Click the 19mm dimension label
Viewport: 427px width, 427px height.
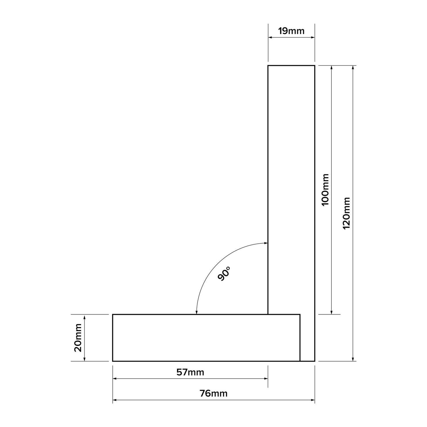[291, 31]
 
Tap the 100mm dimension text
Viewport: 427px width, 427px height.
[325, 190]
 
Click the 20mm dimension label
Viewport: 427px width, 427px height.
[78, 338]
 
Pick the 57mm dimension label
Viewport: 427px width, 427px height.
[190, 372]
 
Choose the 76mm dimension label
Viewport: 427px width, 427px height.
[213, 393]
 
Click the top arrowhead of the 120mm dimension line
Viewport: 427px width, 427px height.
[353, 67]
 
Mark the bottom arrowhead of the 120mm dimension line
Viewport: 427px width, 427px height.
[353, 359]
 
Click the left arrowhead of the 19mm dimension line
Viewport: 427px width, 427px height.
[270, 37]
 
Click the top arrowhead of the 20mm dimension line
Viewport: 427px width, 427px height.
[84, 316]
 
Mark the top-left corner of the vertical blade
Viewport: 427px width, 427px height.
[268, 66]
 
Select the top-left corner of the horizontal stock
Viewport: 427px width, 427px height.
[113, 315]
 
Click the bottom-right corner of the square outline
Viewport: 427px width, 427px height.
[315, 361]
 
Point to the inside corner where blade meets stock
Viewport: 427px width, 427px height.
[268, 314]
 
